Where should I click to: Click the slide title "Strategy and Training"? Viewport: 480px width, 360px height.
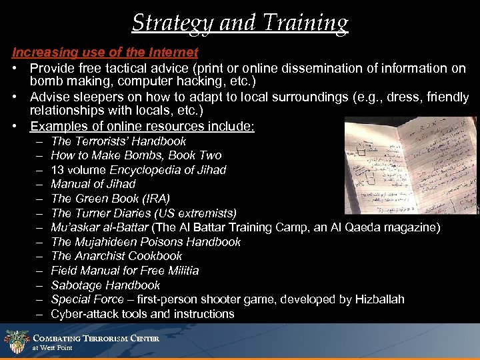(x=240, y=23)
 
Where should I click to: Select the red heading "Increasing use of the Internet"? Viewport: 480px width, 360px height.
(x=105, y=53)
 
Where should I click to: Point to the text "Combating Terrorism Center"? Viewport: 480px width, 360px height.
(x=96, y=339)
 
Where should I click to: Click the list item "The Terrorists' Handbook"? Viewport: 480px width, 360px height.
(x=119, y=141)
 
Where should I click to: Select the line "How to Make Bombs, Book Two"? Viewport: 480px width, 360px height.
(x=136, y=155)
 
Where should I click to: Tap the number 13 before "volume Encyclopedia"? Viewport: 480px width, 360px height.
(x=57, y=170)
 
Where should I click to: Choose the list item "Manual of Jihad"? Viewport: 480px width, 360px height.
(x=93, y=184)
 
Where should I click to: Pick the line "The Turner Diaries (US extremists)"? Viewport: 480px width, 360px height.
(x=143, y=213)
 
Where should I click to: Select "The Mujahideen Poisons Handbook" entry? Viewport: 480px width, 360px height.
(x=146, y=242)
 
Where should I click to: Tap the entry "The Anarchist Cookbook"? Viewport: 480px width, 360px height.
(x=117, y=256)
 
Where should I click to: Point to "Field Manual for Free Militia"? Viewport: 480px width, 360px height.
(x=125, y=271)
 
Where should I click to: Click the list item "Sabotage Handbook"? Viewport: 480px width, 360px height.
(x=105, y=285)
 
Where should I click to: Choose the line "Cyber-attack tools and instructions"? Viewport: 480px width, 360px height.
(x=143, y=314)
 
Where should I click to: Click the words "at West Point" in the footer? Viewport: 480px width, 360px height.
(x=52, y=348)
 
